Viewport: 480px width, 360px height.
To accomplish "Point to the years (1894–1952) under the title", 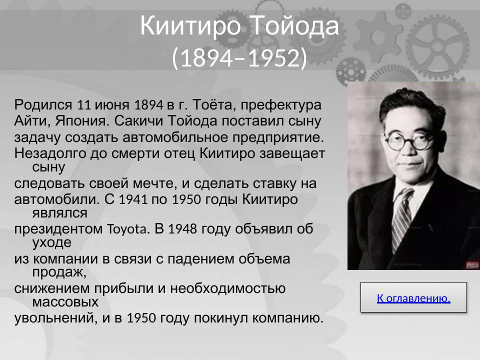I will click(239, 58).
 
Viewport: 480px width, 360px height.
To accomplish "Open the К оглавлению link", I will click(413, 298).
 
